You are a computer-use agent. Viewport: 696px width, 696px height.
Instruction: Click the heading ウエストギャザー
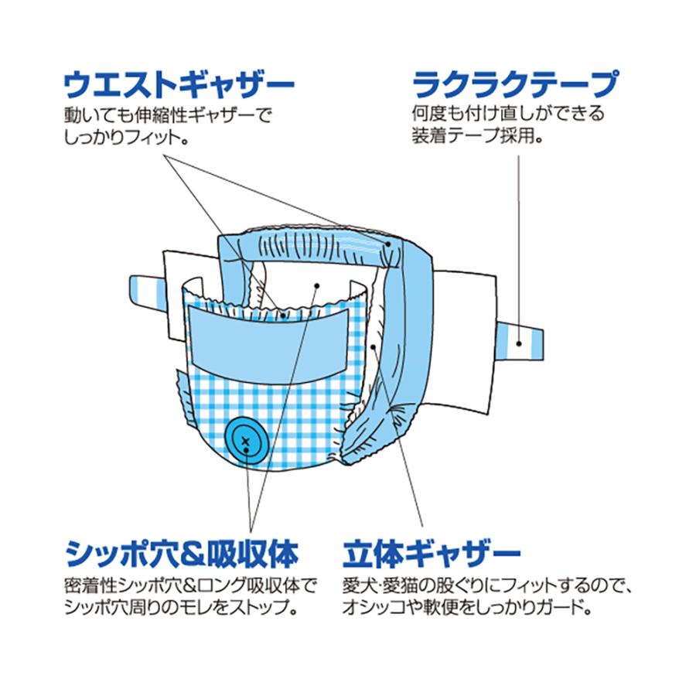tap(179, 82)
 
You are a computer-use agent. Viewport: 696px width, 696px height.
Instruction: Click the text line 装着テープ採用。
tap(476, 138)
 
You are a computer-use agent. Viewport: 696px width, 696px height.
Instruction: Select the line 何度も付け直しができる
tap(507, 114)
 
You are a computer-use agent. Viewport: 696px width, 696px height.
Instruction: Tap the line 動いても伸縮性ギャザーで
tap(168, 114)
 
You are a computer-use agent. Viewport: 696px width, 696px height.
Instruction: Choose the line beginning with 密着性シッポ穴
tap(189, 585)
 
